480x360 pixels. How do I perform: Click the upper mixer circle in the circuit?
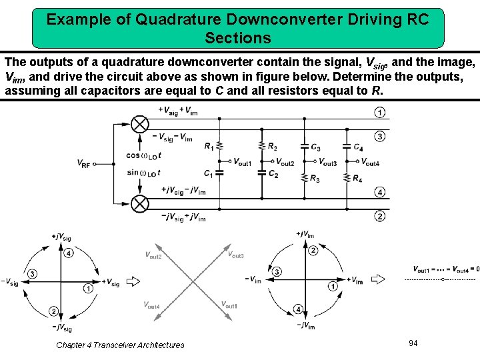[139, 123]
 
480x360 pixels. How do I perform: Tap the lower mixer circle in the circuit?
[139, 203]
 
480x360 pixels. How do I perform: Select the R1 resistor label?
[209, 145]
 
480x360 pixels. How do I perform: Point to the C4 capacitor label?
[358, 147]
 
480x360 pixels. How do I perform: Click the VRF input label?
[83, 163]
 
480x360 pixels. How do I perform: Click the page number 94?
[413, 343]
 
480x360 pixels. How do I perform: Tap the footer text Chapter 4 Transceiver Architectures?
[120, 345]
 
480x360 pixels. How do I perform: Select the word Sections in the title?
[238, 37]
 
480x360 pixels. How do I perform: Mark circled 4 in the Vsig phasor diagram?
[69, 253]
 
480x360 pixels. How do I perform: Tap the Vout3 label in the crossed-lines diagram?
[236, 254]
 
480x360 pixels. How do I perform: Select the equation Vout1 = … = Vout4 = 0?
[445, 269]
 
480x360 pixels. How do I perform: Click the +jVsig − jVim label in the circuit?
[183, 190]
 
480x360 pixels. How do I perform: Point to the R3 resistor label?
[315, 179]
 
